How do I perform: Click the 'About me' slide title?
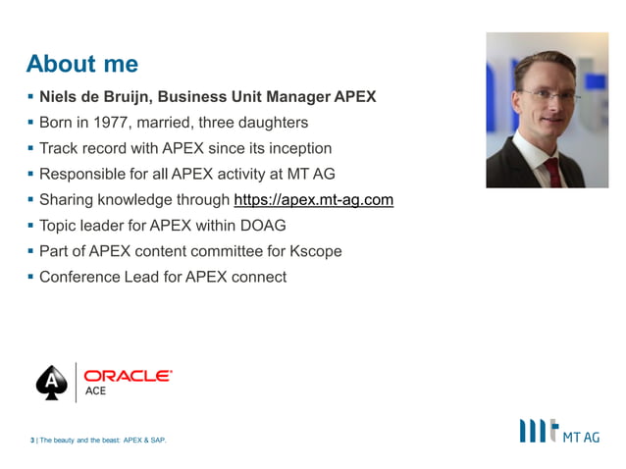[82, 65]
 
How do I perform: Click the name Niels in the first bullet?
[59, 97]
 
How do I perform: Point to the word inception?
[297, 148]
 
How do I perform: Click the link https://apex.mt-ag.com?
[314, 200]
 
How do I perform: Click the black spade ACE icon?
[50, 383]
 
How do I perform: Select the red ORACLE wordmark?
[128, 375]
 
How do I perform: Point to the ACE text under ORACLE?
[96, 391]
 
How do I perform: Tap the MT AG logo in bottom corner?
[559, 432]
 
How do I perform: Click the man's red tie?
[551, 169]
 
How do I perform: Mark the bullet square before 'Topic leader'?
[29, 226]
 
